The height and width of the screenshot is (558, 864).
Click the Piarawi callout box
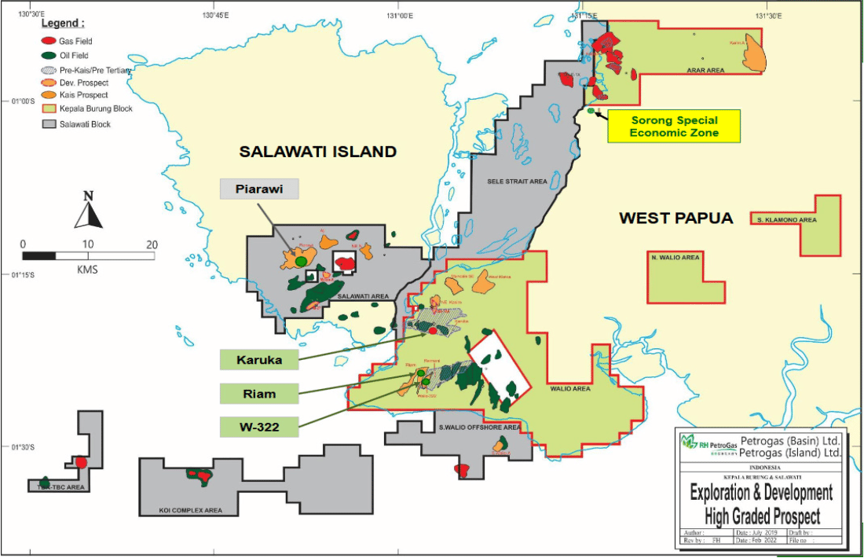tap(259, 189)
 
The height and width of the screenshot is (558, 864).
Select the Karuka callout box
tap(259, 360)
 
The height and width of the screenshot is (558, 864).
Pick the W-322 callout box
tap(259, 427)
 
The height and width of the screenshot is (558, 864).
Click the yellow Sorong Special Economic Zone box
tap(674, 127)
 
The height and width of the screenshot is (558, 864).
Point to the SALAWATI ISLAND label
tap(317, 152)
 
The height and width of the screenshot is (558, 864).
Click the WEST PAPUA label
tap(675, 218)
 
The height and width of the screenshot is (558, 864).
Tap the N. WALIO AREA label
tap(675, 258)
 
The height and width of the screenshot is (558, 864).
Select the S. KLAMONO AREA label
tap(786, 220)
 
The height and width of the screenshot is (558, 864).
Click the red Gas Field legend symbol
tap(48, 41)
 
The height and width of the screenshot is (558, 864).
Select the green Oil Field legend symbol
tap(48, 55)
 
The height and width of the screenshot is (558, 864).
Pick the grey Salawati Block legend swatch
tap(48, 123)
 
